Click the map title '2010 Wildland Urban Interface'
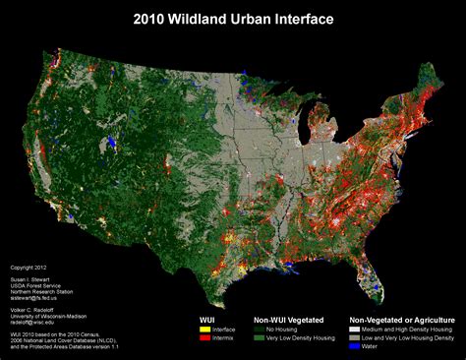tap(233, 19)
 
